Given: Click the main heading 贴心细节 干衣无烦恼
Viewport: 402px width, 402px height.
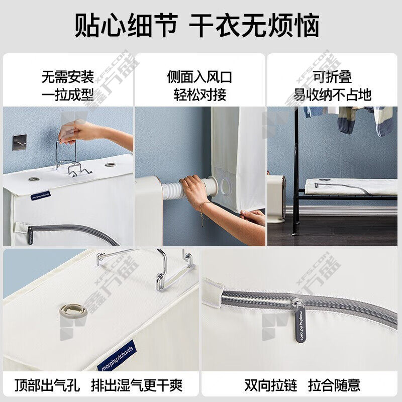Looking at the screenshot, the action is pos(197,25).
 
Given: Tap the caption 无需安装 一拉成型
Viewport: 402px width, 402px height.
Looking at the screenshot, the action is pos(68,85).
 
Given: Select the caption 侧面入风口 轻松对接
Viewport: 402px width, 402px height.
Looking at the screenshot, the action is pos(200,85).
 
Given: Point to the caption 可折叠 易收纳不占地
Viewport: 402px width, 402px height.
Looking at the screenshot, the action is pos(333,85).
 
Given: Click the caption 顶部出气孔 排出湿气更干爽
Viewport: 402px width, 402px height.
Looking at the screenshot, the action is pos(98,385).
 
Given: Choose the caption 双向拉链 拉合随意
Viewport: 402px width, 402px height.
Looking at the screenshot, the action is pos(303,385).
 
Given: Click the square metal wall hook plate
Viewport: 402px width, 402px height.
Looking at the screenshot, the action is pos(20,143).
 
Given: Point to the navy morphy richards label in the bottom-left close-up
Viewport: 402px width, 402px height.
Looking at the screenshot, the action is pos(117,356).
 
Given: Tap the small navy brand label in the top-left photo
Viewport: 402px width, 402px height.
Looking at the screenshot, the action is pos(41,195).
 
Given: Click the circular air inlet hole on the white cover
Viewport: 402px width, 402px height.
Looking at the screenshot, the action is pos(226,186).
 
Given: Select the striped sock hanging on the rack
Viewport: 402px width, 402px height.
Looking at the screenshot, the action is pos(346,121).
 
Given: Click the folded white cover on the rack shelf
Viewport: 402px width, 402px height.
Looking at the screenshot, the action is pos(351,186).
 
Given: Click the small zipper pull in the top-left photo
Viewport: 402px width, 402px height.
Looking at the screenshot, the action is pos(30,235).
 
